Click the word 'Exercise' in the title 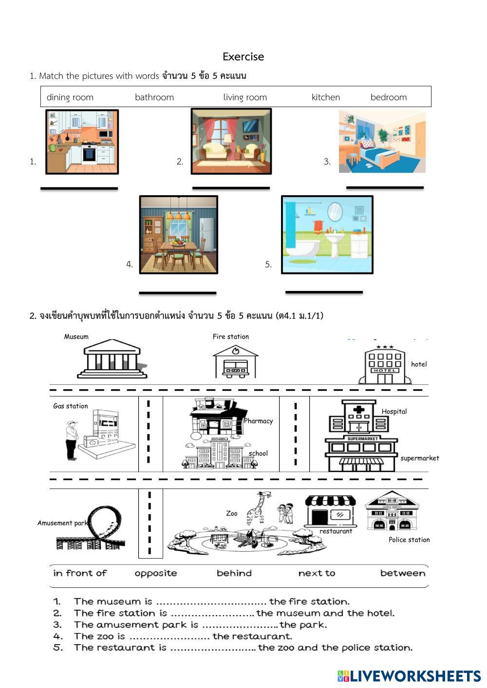pos(243,56)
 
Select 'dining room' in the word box pos(70,97)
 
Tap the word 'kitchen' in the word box pos(325,97)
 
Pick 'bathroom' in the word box pos(154,97)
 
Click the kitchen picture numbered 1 pos(82,142)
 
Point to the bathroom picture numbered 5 pos(327,235)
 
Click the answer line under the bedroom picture pos(385,187)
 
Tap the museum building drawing pos(112,359)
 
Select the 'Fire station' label pos(230,337)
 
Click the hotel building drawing pos(384,365)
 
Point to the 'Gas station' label pos(71,406)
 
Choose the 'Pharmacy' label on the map pos(258,421)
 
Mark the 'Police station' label pos(409,540)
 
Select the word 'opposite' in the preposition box pos(156,573)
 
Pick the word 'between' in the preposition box pos(402,573)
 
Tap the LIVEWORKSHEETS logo pos(409,676)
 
